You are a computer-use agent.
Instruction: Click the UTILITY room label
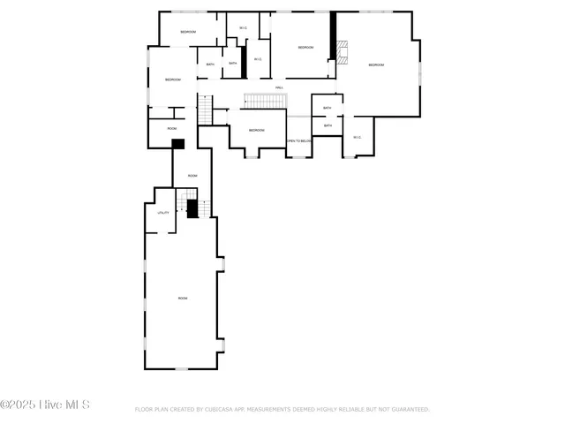click(x=163, y=213)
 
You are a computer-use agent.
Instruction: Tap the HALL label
click(x=279, y=87)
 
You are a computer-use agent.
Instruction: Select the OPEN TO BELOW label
click(x=298, y=140)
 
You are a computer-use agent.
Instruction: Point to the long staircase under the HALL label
click(x=264, y=101)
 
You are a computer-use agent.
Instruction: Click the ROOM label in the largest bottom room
click(x=183, y=299)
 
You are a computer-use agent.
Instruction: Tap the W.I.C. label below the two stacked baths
click(x=357, y=137)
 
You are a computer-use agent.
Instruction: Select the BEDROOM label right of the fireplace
click(x=377, y=64)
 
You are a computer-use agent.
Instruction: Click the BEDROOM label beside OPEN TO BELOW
click(x=256, y=130)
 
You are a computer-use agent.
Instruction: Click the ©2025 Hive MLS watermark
click(x=45, y=405)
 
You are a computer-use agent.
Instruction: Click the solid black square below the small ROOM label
click(x=177, y=143)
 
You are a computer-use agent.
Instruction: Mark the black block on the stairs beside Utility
click(x=192, y=208)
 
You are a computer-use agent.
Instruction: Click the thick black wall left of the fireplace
click(x=333, y=35)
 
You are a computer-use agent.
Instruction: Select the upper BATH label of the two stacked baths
click(x=327, y=108)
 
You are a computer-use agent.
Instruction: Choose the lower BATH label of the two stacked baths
click(x=327, y=125)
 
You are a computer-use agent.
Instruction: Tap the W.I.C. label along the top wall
click(x=242, y=28)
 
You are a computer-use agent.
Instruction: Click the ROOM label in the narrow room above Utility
click(x=192, y=176)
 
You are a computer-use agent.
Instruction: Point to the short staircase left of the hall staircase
click(x=206, y=110)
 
